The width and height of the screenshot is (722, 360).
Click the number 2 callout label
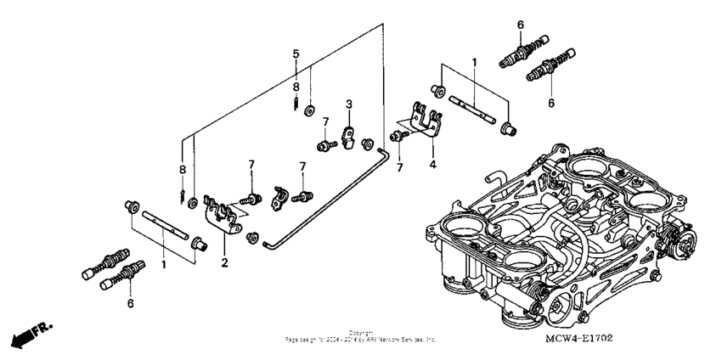point(225,264)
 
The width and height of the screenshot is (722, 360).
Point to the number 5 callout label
point(296,53)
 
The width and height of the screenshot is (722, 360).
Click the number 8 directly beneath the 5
point(296,87)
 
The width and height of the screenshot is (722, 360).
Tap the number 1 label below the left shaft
point(163,265)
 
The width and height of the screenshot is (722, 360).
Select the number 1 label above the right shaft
point(475,63)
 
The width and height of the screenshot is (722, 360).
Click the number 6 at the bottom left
point(130,302)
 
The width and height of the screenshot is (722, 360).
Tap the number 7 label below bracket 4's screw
point(399,168)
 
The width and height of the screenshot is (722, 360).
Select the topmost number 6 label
point(521,25)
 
